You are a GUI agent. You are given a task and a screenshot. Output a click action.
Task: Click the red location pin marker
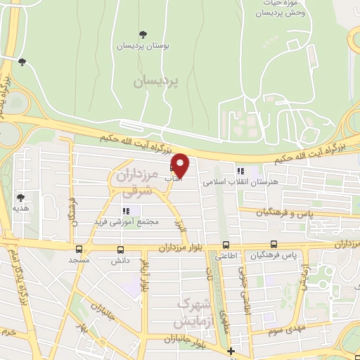click(181, 165)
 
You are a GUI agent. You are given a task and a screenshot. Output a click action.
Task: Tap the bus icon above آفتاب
click(173, 169)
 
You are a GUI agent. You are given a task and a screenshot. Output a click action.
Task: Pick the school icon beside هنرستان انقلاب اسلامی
click(240, 169)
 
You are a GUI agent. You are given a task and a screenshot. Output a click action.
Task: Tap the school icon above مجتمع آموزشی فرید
click(127, 211)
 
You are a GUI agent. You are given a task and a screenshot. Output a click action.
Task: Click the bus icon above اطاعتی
click(225, 245)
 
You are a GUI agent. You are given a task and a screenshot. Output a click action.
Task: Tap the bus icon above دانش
click(120, 249)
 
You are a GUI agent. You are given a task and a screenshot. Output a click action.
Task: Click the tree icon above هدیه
click(20, 198)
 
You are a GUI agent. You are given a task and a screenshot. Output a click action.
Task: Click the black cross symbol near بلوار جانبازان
click(231, 351)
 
